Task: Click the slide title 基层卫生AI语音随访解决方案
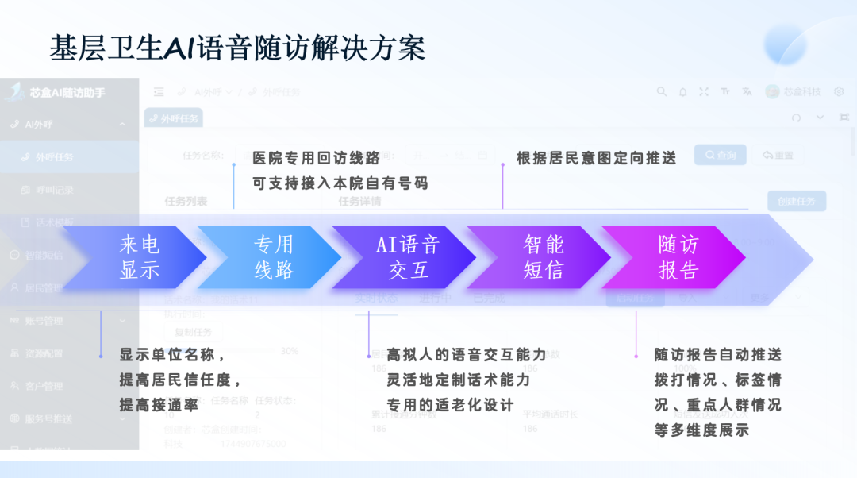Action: (x=237, y=48)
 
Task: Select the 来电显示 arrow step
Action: (x=140, y=256)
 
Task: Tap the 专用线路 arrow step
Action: (x=274, y=256)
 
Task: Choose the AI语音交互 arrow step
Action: (x=408, y=256)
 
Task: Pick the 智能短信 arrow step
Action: (x=543, y=256)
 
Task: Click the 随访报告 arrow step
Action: (x=678, y=256)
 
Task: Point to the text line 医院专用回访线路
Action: (x=317, y=158)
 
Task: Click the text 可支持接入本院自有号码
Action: (x=340, y=183)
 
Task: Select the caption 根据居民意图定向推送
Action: (x=596, y=158)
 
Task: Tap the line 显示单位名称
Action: (x=172, y=355)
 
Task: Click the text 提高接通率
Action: (x=159, y=405)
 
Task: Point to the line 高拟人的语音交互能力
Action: (x=467, y=355)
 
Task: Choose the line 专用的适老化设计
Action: (x=450, y=405)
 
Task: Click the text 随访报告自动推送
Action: (x=717, y=355)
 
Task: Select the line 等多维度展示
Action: (x=701, y=430)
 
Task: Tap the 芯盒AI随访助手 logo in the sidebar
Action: (x=56, y=92)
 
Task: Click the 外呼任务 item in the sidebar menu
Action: (x=54, y=157)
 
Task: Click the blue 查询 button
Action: (x=720, y=155)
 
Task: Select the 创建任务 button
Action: (x=796, y=201)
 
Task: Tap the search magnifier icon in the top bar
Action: (x=661, y=92)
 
